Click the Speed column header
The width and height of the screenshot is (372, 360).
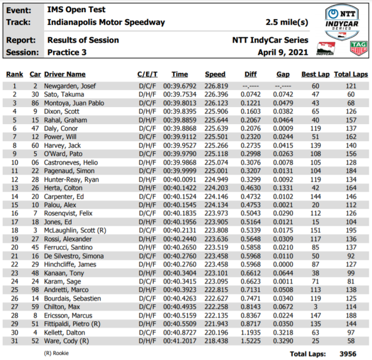[215, 75]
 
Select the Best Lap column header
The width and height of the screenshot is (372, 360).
[315, 75]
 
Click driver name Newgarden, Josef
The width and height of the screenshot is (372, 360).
[71, 86]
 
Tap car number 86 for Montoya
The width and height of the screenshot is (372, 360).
[35, 103]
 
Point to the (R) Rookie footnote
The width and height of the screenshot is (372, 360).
[56, 353]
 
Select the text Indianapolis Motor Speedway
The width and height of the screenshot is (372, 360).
[106, 23]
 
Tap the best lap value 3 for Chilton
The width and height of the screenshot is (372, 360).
[315, 307]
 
